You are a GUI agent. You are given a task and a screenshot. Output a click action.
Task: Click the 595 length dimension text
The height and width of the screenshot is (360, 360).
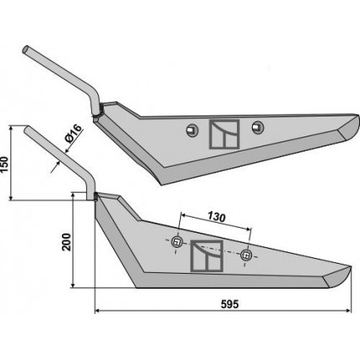point(229,304)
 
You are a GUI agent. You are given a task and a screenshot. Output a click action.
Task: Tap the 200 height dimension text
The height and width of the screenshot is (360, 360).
point(67,242)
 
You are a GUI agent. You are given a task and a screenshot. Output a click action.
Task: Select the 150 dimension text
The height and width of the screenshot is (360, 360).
point(5,165)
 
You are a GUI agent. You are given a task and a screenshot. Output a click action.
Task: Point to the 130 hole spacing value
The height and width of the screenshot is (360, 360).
point(216,218)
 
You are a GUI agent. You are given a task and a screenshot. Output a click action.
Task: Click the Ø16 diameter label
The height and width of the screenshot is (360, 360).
point(73,133)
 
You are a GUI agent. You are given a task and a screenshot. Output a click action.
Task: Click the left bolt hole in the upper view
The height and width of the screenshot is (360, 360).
point(193,130)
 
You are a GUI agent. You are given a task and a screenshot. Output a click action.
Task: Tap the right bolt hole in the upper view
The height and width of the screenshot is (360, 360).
point(258,126)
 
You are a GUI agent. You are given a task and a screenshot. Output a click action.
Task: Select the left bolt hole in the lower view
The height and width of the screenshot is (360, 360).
point(177,242)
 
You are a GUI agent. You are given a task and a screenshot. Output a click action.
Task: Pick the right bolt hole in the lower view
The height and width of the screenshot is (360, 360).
point(246,255)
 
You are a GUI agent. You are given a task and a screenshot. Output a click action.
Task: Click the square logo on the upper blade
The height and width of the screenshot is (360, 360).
point(224,134)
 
